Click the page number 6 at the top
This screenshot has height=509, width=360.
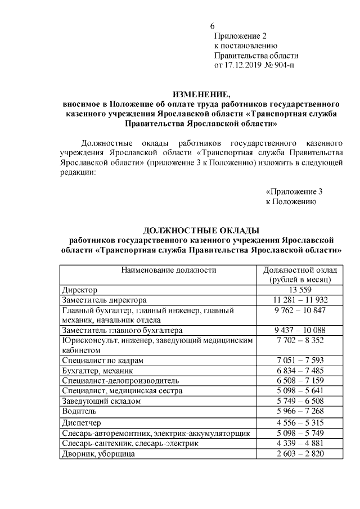[x=212, y=26]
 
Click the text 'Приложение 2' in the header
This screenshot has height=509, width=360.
[x=241, y=36]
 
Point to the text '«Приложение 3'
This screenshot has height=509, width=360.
[x=294, y=191]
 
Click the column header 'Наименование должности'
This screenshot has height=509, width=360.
[x=160, y=270]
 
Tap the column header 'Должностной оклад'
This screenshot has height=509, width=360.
[x=300, y=270]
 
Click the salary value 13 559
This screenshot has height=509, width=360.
[x=300, y=290]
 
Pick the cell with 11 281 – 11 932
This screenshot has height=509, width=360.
[x=300, y=300]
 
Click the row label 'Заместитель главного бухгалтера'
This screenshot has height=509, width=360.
[x=122, y=330]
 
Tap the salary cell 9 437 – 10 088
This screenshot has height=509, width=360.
[x=300, y=330]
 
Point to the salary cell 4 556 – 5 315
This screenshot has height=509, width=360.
[x=300, y=422]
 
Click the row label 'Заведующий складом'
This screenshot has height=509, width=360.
[x=101, y=401]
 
